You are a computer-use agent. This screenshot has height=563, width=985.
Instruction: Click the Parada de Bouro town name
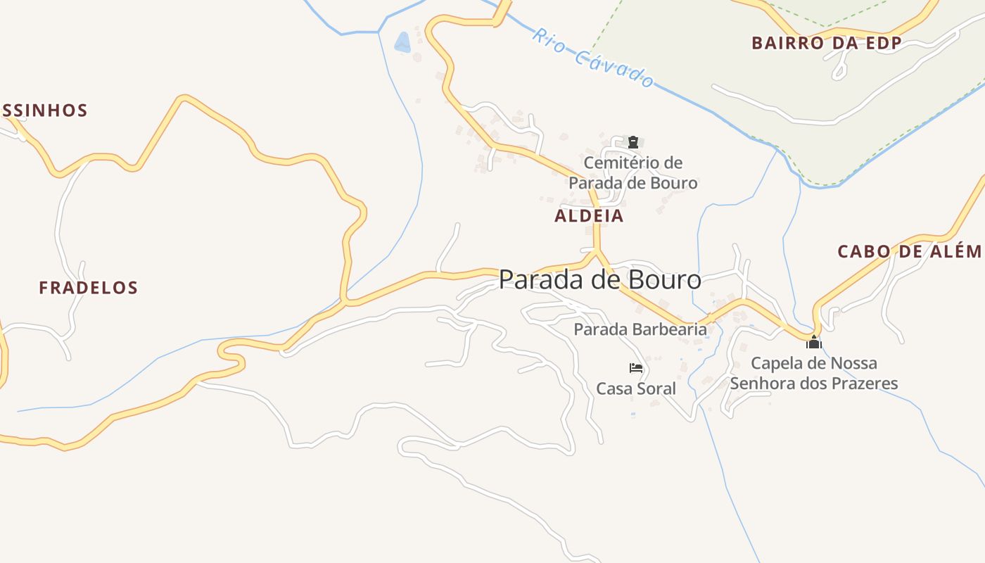click(x=599, y=280)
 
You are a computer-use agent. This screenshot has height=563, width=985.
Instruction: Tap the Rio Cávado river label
click(x=593, y=58)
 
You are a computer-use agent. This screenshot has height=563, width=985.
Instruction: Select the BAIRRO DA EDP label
click(x=826, y=43)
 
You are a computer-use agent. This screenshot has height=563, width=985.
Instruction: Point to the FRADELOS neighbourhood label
click(x=88, y=287)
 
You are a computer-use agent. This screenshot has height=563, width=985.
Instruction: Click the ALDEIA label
click(x=589, y=216)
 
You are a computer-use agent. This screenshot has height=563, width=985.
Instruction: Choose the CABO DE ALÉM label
click(x=909, y=251)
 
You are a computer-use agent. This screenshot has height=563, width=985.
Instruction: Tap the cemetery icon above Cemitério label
click(x=633, y=141)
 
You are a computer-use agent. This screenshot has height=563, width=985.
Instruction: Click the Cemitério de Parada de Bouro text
click(x=633, y=173)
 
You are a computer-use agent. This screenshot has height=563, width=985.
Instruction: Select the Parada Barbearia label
click(x=640, y=329)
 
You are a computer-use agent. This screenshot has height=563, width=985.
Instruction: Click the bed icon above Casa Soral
click(x=636, y=368)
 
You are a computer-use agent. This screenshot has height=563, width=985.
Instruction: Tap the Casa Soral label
click(x=635, y=388)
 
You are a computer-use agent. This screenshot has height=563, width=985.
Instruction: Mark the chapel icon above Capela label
click(x=814, y=343)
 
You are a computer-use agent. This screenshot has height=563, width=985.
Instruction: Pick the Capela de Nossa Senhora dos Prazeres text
click(x=814, y=374)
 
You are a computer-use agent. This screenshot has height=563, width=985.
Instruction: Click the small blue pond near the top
click(x=402, y=43)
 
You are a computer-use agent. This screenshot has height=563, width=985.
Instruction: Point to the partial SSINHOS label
click(x=44, y=110)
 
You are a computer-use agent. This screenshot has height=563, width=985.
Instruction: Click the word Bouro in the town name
click(x=663, y=280)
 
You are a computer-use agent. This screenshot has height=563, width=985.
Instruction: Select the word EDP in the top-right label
click(x=884, y=43)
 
